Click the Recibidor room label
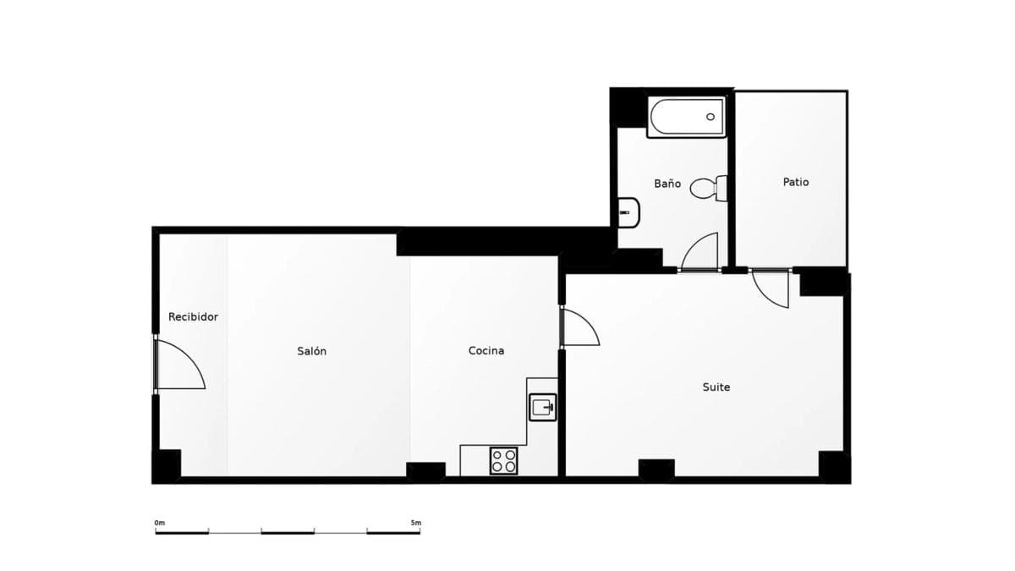[x=193, y=316]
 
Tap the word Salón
[x=312, y=351]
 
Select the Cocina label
[x=486, y=350]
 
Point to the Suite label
[x=716, y=387]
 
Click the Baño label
[x=667, y=184]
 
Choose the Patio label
[x=796, y=182]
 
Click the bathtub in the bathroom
[x=687, y=117]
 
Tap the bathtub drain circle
[x=710, y=117]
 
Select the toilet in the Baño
[x=709, y=188]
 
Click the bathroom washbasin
[x=629, y=212]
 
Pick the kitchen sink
[x=542, y=408]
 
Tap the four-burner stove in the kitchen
[x=503, y=461]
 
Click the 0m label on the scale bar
[x=160, y=523]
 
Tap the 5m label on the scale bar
[x=416, y=523]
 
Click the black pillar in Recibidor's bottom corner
[x=167, y=466]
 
